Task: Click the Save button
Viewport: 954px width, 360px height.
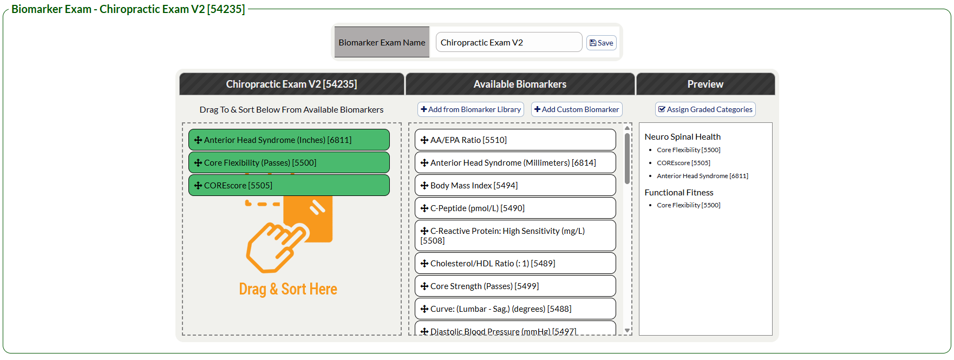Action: coord(601,43)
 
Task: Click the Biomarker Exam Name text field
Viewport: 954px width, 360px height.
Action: coord(508,42)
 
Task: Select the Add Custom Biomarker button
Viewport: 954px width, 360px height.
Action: coord(577,109)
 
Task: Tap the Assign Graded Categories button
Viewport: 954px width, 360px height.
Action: coord(705,109)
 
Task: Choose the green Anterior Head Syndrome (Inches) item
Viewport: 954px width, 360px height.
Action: coord(289,140)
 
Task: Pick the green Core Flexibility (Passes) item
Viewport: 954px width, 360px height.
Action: coord(289,162)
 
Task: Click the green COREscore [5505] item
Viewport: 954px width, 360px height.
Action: coord(289,185)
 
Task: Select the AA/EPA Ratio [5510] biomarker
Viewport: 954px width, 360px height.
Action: coord(515,140)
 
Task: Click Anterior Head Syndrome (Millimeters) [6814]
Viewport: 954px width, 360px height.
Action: coord(515,162)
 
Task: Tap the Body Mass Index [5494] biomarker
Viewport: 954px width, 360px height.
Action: coord(515,185)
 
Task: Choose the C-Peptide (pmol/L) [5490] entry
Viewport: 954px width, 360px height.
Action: coord(515,208)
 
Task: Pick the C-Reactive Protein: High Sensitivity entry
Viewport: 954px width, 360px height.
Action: coord(515,235)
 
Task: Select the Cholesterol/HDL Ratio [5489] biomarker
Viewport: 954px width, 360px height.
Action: coord(515,263)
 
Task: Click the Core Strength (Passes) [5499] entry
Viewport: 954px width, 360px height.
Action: coord(515,286)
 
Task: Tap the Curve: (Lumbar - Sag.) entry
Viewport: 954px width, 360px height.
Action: coord(515,309)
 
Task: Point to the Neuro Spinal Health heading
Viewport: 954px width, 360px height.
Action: coord(682,137)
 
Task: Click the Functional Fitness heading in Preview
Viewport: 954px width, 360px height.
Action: coord(679,193)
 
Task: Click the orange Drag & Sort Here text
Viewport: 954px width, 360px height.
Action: coord(288,289)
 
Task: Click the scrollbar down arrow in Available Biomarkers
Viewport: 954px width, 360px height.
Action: coord(627,330)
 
